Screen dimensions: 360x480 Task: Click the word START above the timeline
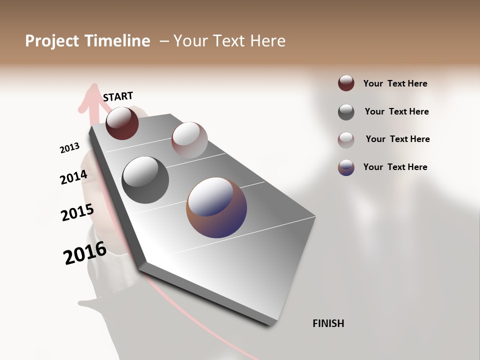tap(118, 96)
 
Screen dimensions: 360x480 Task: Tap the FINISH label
tap(328, 323)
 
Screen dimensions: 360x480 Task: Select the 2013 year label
tap(69, 147)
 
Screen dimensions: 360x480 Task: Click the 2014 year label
tap(73, 177)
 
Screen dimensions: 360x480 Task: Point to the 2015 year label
tap(77, 212)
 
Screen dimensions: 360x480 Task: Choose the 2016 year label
tap(84, 252)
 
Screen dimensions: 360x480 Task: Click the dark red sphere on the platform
tap(122, 123)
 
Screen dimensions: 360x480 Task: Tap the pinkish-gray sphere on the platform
tap(189, 140)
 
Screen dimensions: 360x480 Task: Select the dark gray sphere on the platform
tap(145, 180)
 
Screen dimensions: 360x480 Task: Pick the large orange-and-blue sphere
tap(216, 207)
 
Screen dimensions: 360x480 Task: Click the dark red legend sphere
tap(346, 83)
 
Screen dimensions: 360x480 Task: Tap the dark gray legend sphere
tap(346, 112)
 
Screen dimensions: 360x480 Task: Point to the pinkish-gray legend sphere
tap(346, 139)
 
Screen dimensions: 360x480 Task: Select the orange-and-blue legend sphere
tap(346, 167)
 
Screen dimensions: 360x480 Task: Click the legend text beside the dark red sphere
tap(395, 83)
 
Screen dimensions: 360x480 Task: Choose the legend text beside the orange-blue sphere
tap(395, 167)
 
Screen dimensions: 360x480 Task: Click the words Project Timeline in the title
tap(87, 41)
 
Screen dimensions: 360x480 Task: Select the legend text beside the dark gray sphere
tap(396, 111)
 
